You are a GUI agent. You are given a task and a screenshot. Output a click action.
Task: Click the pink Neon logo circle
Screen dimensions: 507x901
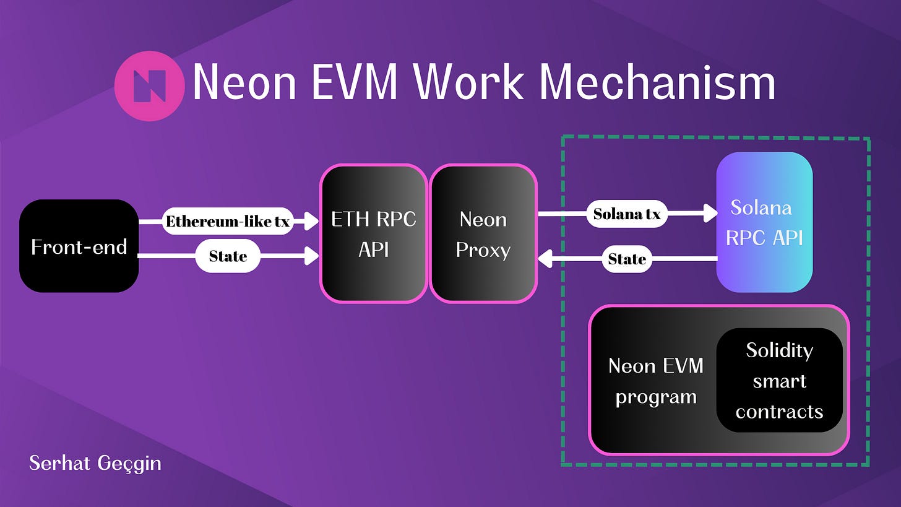(x=149, y=86)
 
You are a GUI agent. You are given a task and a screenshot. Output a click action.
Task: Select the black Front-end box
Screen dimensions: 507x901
(x=79, y=246)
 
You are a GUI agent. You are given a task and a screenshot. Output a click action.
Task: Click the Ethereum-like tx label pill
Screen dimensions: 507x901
(x=228, y=221)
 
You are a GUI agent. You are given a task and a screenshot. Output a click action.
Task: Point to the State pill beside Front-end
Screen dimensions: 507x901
(x=228, y=256)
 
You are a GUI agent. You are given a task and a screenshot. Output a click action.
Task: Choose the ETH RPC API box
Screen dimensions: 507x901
(x=373, y=234)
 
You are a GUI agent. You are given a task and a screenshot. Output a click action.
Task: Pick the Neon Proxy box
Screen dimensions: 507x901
(x=483, y=234)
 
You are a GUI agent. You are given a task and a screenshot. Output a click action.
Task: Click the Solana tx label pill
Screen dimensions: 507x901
(x=627, y=214)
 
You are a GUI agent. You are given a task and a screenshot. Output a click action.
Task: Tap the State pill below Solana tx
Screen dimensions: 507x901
(x=627, y=259)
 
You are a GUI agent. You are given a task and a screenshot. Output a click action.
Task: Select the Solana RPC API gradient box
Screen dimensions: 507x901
(x=764, y=222)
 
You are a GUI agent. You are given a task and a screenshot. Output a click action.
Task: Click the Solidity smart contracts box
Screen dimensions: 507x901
(x=779, y=380)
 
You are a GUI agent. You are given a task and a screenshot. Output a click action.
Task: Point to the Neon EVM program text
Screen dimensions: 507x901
(x=656, y=380)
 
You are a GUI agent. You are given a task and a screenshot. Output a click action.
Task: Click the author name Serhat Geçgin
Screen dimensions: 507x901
(x=95, y=462)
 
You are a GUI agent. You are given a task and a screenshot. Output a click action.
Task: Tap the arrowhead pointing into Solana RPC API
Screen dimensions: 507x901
(x=710, y=214)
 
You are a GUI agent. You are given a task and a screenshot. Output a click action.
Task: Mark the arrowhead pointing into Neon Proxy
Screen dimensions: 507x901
(x=545, y=259)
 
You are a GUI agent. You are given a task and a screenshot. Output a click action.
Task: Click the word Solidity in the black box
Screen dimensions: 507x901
(x=779, y=350)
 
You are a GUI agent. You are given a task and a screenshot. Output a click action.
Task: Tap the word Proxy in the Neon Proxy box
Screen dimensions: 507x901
(x=483, y=250)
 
